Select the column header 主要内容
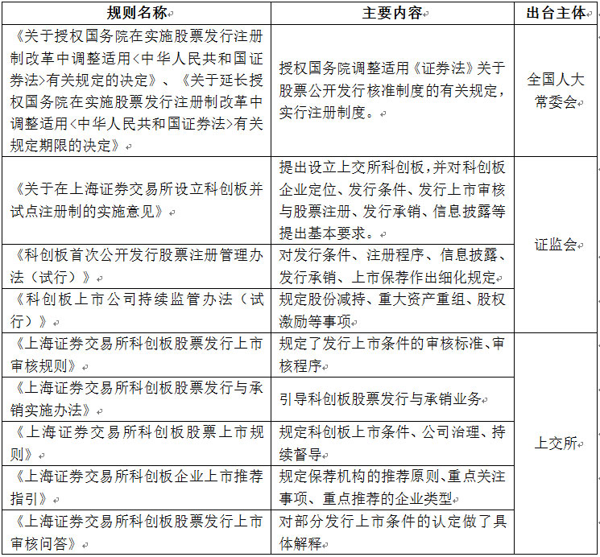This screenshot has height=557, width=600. (391, 13)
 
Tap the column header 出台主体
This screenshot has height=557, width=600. (556, 13)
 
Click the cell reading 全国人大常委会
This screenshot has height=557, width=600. (556, 91)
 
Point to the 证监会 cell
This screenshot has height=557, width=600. (556, 245)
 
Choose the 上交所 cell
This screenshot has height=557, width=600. (556, 444)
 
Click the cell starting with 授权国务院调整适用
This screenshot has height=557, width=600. (391, 91)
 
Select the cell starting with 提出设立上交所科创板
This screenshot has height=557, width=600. (391, 200)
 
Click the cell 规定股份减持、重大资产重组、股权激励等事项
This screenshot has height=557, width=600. (391, 310)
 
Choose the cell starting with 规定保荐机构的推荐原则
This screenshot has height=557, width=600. (391, 487)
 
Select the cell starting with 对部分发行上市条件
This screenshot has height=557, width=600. (391, 532)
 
